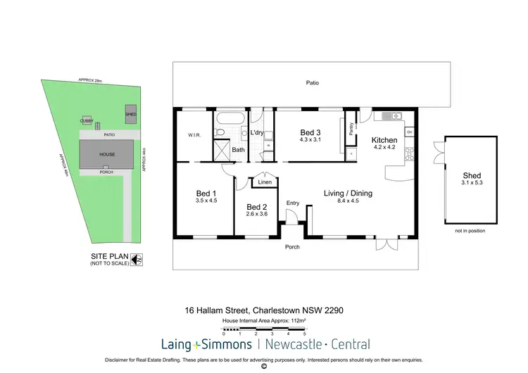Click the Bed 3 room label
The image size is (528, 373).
(x=310, y=132)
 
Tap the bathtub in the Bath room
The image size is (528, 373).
(x=228, y=118)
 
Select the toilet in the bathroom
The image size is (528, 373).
(x=220, y=132)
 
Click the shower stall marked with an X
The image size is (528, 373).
(x=222, y=149)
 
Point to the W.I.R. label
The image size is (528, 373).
(x=195, y=135)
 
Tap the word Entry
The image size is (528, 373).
(x=293, y=203)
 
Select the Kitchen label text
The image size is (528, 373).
(x=384, y=140)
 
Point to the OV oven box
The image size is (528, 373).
(x=409, y=132)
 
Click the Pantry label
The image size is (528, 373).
(x=351, y=128)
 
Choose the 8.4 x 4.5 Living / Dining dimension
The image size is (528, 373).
(x=348, y=201)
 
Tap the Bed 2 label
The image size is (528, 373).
(x=256, y=207)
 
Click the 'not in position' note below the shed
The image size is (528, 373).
(x=471, y=230)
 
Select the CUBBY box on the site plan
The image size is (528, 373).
(x=86, y=121)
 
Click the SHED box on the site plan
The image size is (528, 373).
(x=130, y=115)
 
